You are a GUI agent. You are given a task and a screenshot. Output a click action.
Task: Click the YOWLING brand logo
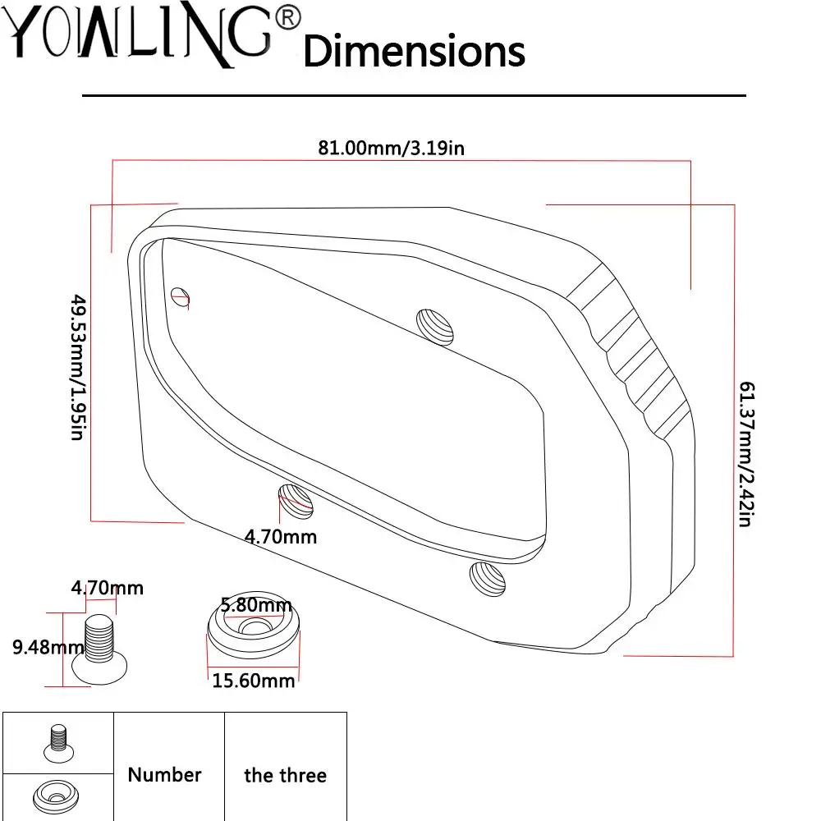pos(141,34)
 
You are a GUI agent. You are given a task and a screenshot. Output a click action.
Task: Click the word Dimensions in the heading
pos(414,51)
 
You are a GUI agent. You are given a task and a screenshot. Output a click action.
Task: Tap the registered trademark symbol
pos(287,18)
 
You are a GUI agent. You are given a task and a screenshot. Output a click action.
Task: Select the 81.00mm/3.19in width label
pos(391,148)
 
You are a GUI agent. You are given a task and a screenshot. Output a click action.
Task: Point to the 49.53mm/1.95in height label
pos(78,367)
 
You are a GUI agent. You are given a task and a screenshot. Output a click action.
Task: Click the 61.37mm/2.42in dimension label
pos(746,453)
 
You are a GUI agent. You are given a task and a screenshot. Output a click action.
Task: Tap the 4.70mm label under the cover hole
pos(281,537)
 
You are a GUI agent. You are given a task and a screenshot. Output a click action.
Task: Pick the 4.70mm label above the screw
pos(108,588)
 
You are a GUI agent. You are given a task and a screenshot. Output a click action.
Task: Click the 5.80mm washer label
pos(256,605)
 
